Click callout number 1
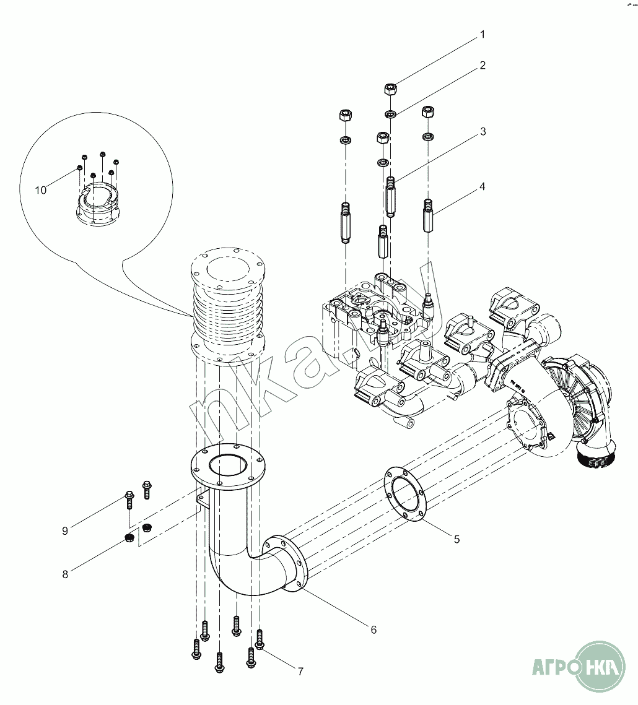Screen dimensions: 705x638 tap(483, 35)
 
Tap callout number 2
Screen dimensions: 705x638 tap(483, 65)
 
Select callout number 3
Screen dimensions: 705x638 tap(483, 132)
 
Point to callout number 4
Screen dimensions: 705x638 tap(483, 186)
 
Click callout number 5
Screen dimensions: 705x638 tap(457, 539)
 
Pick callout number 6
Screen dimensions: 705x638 tap(374, 629)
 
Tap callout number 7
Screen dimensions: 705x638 tap(300, 671)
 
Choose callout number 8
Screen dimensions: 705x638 tap(65, 574)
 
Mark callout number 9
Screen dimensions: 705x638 tap(65, 530)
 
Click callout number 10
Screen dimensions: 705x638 tap(41, 190)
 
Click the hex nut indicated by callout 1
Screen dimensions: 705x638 tap(391, 89)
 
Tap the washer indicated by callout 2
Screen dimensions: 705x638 tap(391, 114)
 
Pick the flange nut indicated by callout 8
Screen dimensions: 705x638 tap(130, 537)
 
